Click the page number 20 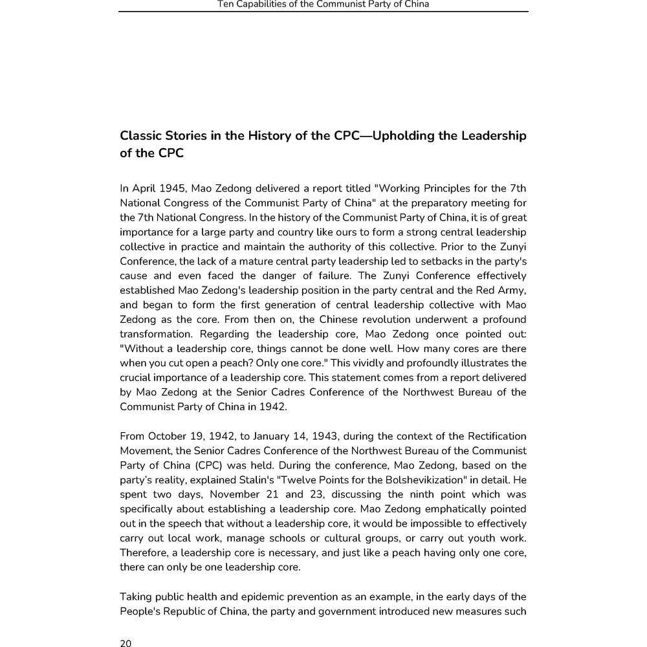pos(126,642)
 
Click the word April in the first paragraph pos(144,188)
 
